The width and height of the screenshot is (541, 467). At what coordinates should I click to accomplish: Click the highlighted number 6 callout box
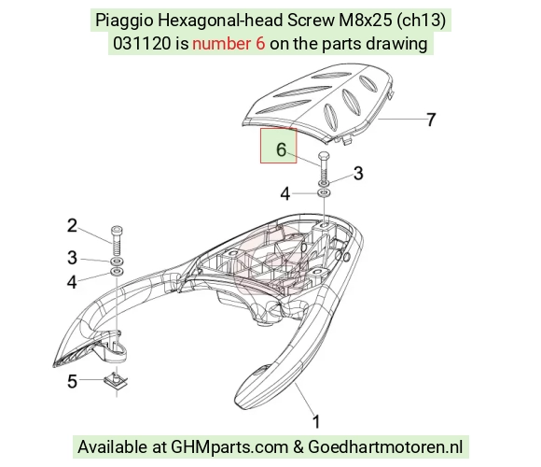coord(279,146)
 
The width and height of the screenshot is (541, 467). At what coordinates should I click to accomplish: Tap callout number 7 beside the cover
coord(431,120)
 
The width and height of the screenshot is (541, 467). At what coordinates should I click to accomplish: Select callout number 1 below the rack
coord(316,422)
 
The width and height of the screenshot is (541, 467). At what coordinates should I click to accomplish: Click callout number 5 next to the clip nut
coord(72,381)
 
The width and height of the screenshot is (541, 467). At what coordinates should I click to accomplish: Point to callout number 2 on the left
coord(72,225)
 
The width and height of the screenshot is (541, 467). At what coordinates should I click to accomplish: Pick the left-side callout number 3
coord(72,258)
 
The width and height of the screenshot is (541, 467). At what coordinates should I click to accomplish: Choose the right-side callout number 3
coord(358,173)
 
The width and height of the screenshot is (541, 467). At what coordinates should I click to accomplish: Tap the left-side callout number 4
coord(72,282)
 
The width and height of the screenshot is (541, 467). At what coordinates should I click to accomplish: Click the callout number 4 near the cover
coord(285,194)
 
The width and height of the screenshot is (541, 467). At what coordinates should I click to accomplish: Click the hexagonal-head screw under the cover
coord(324,167)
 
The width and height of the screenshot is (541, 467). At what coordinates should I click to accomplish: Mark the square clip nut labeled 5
coord(116,381)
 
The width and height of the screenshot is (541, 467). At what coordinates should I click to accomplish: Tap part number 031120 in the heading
coord(142,44)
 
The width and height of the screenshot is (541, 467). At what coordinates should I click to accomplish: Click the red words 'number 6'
coord(229,44)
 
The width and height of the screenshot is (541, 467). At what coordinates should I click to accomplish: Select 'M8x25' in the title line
coord(366,21)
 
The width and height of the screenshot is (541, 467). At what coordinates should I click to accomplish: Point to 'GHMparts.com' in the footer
coord(229,446)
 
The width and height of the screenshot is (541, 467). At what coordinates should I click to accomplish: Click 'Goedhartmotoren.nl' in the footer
coord(385,446)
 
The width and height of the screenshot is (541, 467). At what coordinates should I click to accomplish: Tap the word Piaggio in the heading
coord(124,21)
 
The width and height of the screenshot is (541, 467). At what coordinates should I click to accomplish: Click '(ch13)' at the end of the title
coord(421,21)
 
